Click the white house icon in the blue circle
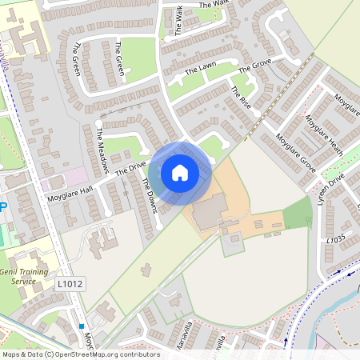179,172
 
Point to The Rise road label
240,101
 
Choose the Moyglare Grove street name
295,150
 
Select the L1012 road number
70,283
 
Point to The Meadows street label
102,150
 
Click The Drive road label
131,169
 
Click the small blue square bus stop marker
82,326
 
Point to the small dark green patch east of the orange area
298,213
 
